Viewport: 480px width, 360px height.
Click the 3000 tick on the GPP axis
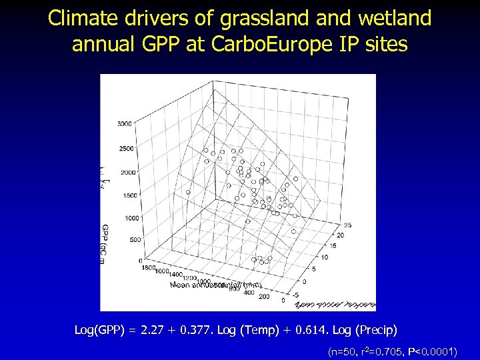tap(124, 124)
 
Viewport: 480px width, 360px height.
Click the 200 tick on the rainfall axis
tap(264, 296)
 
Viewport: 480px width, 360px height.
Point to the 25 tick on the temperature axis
tap(347, 225)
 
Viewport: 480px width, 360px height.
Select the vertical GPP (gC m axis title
tap(106, 244)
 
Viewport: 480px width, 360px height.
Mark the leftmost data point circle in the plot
tap(188, 192)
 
